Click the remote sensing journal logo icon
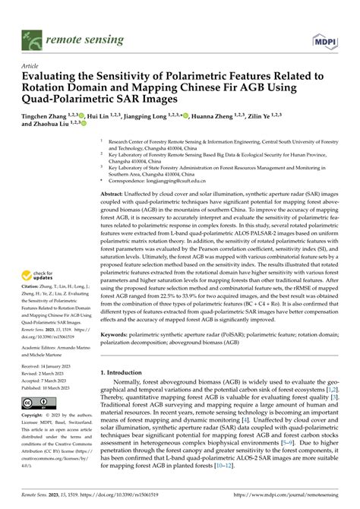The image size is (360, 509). [x=30, y=36]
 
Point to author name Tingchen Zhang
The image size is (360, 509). [x=45, y=110]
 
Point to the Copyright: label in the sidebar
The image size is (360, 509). [x=33, y=416]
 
